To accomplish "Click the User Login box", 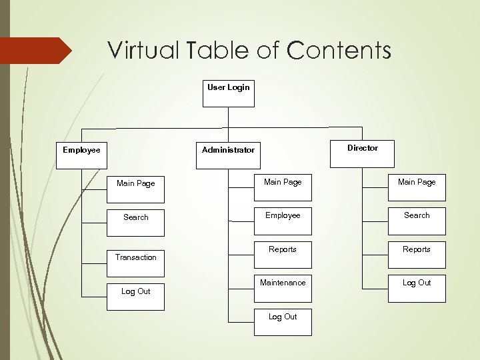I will (228, 93).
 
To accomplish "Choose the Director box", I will (362, 153).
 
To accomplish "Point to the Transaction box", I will (135, 257).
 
